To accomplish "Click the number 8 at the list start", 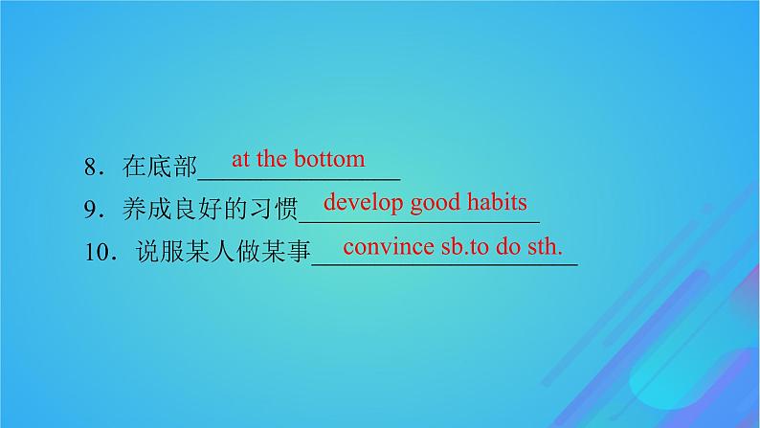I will [90, 168].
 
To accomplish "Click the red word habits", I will [498, 202].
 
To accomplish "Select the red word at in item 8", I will [239, 159].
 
